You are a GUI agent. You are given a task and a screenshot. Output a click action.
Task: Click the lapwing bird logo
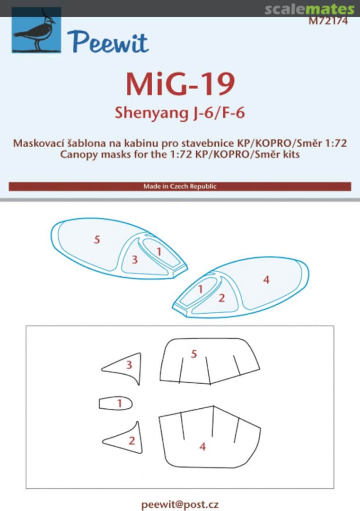36,30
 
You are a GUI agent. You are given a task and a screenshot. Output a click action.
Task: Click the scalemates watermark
309,9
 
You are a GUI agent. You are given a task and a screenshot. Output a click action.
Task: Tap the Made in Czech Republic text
180,186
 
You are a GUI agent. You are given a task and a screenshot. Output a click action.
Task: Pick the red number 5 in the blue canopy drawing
97,240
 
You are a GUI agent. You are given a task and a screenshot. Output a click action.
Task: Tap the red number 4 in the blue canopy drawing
266,280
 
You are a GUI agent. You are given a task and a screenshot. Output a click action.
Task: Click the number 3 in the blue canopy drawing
135,260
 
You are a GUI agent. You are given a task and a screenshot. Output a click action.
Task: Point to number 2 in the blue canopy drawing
221,298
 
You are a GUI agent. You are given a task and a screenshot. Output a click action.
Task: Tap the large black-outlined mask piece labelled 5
208,362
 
